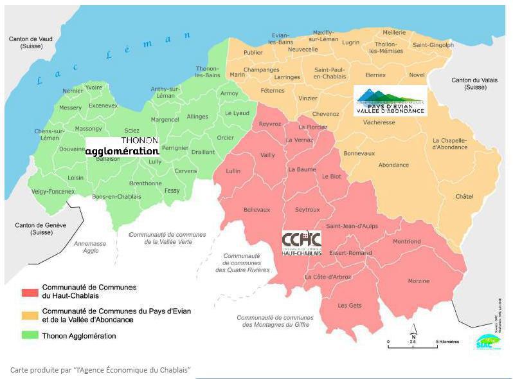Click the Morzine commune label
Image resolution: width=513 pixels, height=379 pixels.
tap(419, 281)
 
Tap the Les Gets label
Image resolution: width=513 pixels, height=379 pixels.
tap(350, 305)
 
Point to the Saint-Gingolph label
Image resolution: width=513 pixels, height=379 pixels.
tap(433, 45)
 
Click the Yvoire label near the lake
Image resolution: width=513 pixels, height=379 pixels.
tap(94, 87)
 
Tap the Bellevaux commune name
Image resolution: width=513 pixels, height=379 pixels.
tap(256, 210)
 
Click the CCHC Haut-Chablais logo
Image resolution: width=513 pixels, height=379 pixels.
tap(301, 243)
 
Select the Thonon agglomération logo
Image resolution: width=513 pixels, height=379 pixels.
tap(122, 146)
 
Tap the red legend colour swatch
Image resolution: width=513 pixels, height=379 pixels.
tap(30, 291)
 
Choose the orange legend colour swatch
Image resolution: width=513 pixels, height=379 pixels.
tap(30, 315)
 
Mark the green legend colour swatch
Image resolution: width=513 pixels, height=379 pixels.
tap(30, 335)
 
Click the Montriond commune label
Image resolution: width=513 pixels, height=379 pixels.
tap(406, 241)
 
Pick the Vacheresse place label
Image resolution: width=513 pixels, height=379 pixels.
tap(379, 122)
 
